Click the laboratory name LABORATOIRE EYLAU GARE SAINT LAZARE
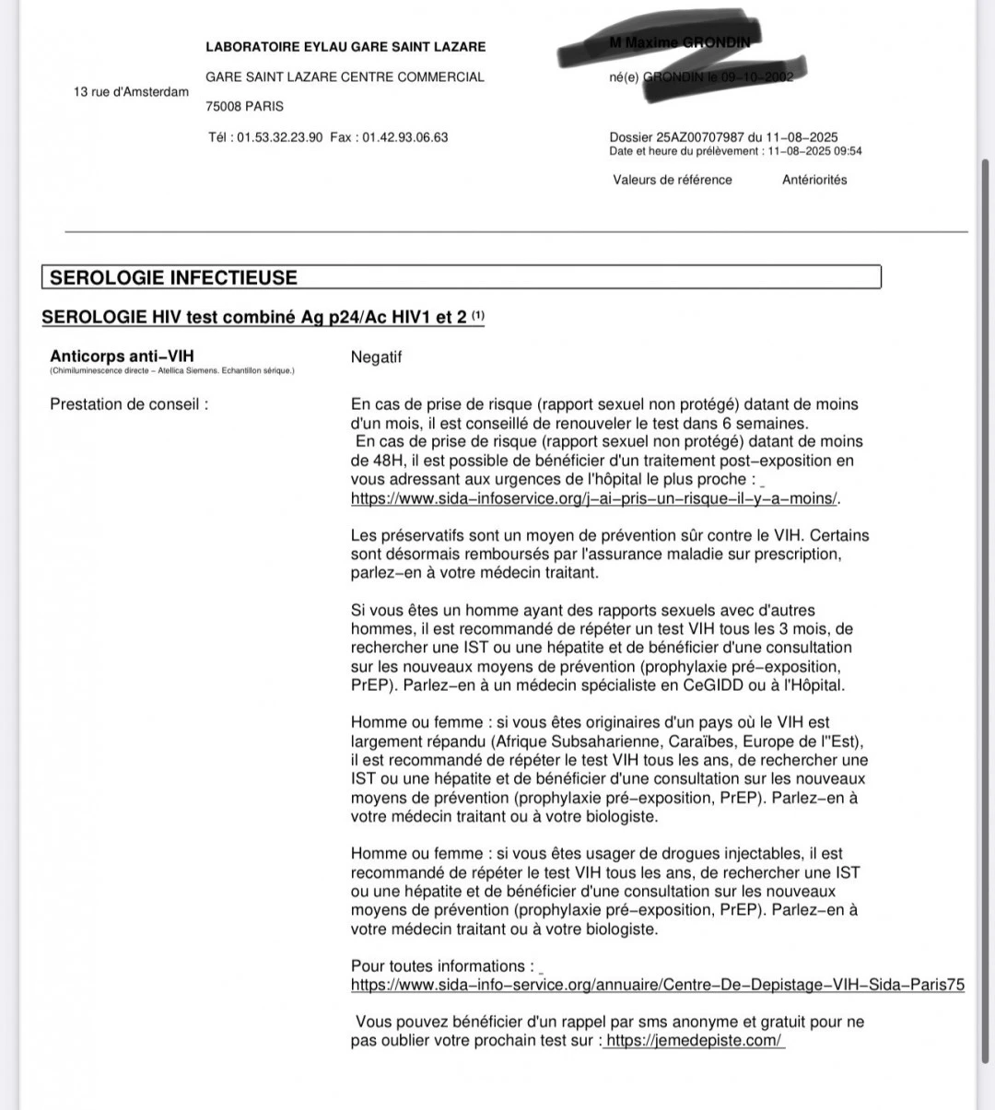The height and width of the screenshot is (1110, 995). click(345, 47)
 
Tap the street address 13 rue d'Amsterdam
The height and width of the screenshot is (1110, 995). click(131, 91)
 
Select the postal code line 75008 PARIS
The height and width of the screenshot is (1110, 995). click(244, 106)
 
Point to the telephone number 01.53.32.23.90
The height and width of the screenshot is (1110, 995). click(279, 137)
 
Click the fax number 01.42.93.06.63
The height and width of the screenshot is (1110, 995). click(404, 137)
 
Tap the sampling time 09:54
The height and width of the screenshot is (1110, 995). click(849, 151)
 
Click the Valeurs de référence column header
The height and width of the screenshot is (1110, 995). click(673, 180)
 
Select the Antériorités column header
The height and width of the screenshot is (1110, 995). click(814, 180)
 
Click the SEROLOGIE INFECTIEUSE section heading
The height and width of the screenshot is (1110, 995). click(173, 277)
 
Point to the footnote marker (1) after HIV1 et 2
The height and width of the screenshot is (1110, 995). click(478, 316)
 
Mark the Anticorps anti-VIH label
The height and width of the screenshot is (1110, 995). click(122, 356)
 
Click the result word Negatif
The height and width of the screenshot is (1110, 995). click(376, 357)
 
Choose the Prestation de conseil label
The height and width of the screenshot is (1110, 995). click(129, 403)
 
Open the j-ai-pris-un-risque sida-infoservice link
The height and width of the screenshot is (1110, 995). click(595, 498)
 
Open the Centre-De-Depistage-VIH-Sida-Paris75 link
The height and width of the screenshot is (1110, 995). click(657, 985)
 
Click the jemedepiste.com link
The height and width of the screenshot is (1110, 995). click(695, 1041)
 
